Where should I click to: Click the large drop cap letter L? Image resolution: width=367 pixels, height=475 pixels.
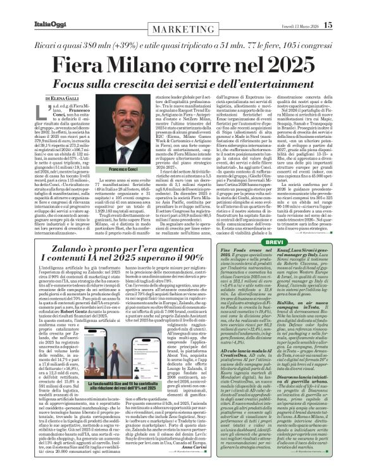click(49, 113)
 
